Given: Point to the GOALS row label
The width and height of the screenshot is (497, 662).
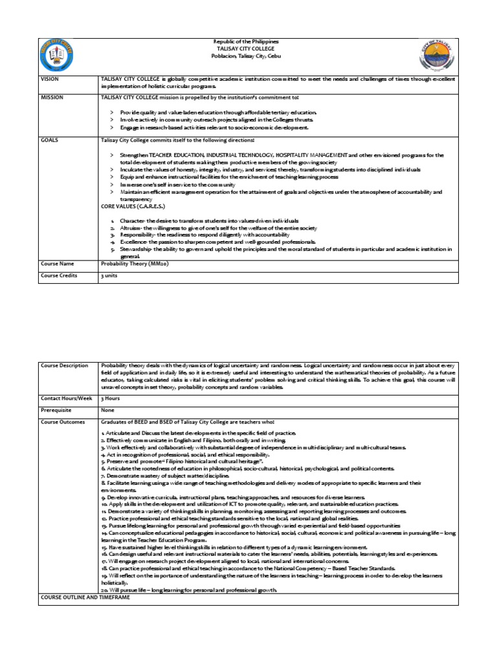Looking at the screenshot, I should click(x=49, y=140).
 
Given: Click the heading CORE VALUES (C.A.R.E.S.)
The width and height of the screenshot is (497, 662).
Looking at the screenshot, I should click(x=133, y=206).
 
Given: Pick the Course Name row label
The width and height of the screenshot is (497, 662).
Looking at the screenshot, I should click(x=57, y=264).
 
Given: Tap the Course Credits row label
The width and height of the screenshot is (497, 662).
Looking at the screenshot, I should click(x=59, y=275).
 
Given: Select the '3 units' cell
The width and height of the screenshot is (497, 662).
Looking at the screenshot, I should click(x=107, y=275).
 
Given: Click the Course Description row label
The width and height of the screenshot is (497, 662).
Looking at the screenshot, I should click(x=64, y=366).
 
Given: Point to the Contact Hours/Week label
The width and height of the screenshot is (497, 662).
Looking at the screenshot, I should click(x=67, y=398).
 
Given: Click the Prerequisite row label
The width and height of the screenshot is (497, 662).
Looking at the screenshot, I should click(x=56, y=410).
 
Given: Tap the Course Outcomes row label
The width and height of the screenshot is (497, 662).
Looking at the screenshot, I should click(x=62, y=422).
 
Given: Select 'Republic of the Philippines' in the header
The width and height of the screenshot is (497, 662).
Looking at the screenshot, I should click(x=246, y=41).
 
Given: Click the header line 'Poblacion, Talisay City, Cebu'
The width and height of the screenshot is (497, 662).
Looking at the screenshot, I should click(x=246, y=56).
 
